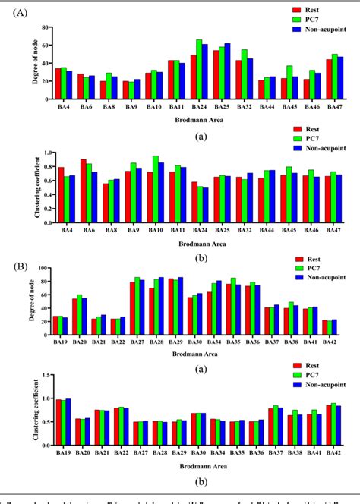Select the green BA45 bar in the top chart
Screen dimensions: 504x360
288,82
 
